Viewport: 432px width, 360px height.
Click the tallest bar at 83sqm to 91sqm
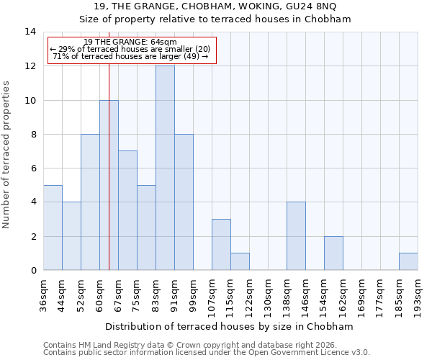click(165, 168)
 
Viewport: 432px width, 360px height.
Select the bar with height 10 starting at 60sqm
click(109, 185)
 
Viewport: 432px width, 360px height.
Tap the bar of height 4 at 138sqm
click(296, 236)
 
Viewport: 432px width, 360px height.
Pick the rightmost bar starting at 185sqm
click(408, 261)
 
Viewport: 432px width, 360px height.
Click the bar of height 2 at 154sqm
click(333, 253)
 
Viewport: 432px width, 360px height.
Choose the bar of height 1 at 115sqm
click(240, 261)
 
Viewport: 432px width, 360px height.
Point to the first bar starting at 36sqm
click(53, 228)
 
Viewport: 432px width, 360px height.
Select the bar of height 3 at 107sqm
click(221, 245)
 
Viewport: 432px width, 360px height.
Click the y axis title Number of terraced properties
click(7, 154)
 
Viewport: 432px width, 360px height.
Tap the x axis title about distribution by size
click(234, 326)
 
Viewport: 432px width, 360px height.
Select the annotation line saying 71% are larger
click(130, 56)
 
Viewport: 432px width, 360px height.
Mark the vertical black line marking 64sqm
click(109, 144)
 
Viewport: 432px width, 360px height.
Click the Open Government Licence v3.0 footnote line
click(207, 353)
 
